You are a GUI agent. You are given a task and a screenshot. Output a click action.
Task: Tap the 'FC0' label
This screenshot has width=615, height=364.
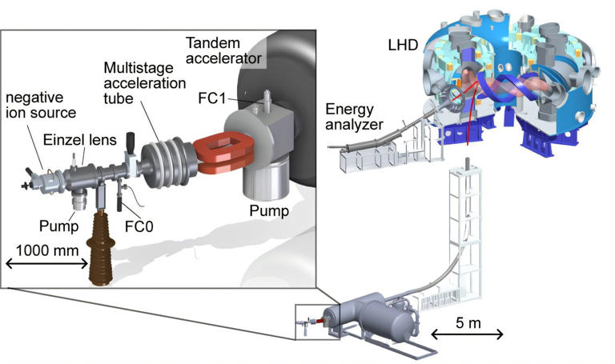coord(138,226)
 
